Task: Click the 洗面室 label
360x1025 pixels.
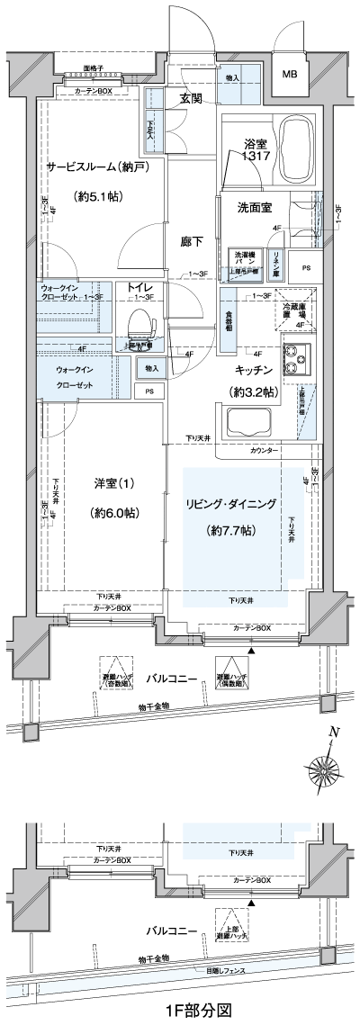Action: tap(255, 208)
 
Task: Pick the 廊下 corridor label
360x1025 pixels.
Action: tap(190, 241)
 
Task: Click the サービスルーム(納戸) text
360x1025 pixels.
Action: tap(97, 166)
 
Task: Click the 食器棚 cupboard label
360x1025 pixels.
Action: tap(229, 320)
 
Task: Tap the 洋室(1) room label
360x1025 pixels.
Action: tap(114, 483)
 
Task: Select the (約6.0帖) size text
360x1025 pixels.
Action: tap(114, 513)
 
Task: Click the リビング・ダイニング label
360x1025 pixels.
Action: tap(230, 503)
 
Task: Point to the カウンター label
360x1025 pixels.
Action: tap(264, 449)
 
